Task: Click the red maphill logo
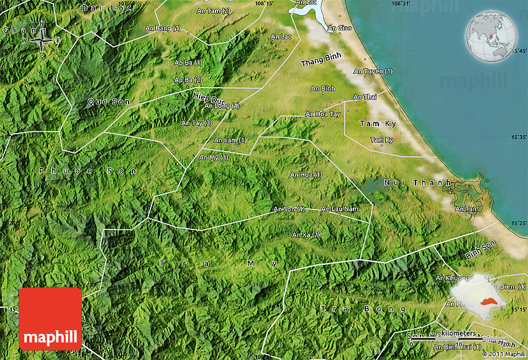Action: click(x=50, y=319)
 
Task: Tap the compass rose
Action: click(x=42, y=41)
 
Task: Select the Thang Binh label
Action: click(x=321, y=60)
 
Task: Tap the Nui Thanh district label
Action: click(x=417, y=182)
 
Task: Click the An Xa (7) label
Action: click(x=306, y=234)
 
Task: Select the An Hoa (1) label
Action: click(x=306, y=175)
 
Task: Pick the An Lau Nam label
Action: click(x=339, y=209)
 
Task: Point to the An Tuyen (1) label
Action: click(x=373, y=71)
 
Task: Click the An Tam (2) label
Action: click(x=213, y=11)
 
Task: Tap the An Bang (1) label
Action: click(x=163, y=28)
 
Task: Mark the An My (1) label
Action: click(x=213, y=157)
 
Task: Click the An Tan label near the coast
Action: click(x=465, y=209)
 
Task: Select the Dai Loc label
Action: click(x=99, y=8)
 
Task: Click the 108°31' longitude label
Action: click(x=401, y=4)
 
